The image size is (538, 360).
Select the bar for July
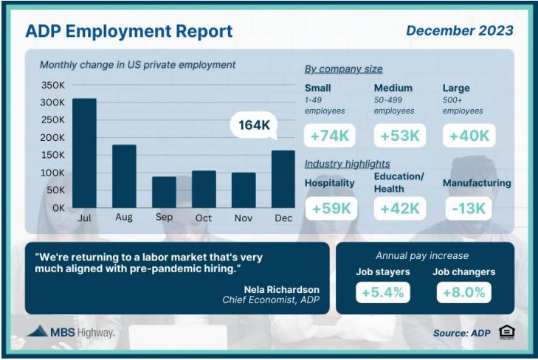pyautogui.click(x=84, y=153)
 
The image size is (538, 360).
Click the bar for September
pyautogui.click(x=164, y=193)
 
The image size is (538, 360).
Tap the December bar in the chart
pyautogui.click(x=283, y=179)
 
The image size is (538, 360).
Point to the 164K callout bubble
pyautogui.click(x=254, y=125)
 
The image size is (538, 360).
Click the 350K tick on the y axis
pyautogui.click(x=53, y=85)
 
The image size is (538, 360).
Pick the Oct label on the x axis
pyautogui.click(x=204, y=218)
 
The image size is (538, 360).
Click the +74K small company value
pyautogui.click(x=329, y=136)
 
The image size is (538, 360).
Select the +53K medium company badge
pyautogui.click(x=400, y=136)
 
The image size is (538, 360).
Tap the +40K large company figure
pyautogui.click(x=469, y=136)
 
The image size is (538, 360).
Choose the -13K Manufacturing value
pyautogui.click(x=469, y=209)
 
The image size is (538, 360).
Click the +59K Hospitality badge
pyautogui.click(x=331, y=209)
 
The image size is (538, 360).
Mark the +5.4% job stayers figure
pyautogui.click(x=383, y=292)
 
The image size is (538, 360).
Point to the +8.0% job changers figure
pyautogui.click(x=464, y=292)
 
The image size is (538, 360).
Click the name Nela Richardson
pyautogui.click(x=282, y=289)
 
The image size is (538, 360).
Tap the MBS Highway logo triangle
pyautogui.click(x=38, y=330)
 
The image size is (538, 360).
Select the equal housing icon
pyautogui.click(x=507, y=332)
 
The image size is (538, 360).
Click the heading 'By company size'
pyautogui.click(x=343, y=69)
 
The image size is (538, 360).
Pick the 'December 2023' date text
pyautogui.click(x=460, y=30)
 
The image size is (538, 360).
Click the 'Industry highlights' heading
pyautogui.click(x=348, y=164)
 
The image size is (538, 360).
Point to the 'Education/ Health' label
pyautogui.click(x=399, y=183)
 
